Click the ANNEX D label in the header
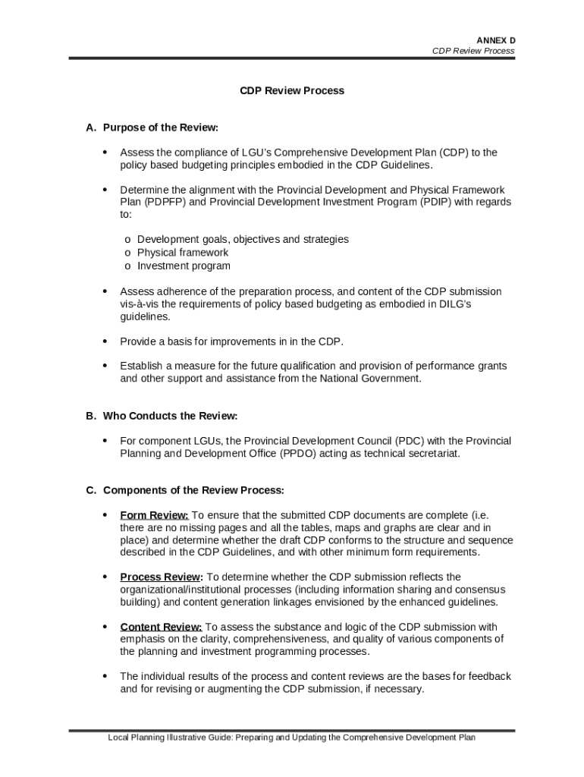tap(495, 39)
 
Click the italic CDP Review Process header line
tap(473, 51)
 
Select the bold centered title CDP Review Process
tap(292, 90)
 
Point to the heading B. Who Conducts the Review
tap(162, 416)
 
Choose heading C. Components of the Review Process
tap(185, 489)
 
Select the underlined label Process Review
tap(161, 577)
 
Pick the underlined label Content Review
tap(161, 627)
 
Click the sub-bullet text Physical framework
tap(182, 252)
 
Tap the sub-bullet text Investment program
tap(184, 266)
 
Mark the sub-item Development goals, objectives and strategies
tap(243, 239)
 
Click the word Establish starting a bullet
tap(142, 366)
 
